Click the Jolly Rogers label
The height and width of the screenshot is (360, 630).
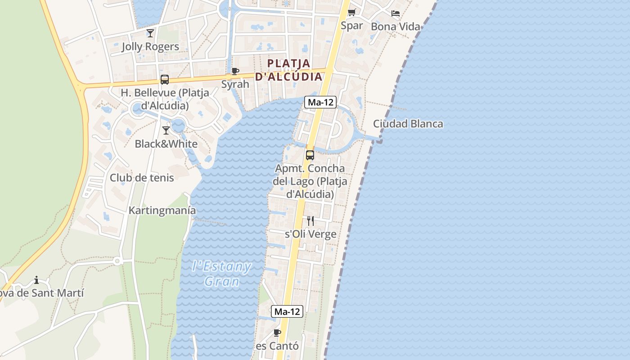pos(150,46)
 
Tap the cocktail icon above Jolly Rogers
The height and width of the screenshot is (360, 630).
pos(150,33)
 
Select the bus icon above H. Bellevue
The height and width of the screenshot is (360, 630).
pos(165,80)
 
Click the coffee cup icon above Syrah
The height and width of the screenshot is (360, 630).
pos(235,71)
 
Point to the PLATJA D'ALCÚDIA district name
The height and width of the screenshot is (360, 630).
pos(289,70)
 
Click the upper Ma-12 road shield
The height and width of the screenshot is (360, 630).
pos(320,102)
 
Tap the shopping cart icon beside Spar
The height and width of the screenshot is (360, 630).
pos(352,12)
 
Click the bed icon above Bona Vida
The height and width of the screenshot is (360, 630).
pos(396,13)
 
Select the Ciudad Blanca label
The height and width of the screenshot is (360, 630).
pos(408,124)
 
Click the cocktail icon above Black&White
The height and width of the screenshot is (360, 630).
pos(166,130)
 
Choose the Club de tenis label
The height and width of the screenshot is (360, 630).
pos(142,178)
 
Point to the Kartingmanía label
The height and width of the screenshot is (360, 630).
pos(162,210)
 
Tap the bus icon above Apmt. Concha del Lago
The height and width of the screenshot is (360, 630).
pos(310,155)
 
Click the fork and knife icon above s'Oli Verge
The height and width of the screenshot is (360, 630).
pos(310,220)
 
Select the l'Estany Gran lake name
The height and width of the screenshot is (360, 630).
pos(221,274)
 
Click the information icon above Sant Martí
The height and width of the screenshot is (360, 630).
pos(36,280)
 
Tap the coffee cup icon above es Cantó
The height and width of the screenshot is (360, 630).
pos(277,333)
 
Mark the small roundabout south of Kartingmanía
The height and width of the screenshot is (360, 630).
pos(117,261)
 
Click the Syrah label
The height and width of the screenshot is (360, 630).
pos(235,84)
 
